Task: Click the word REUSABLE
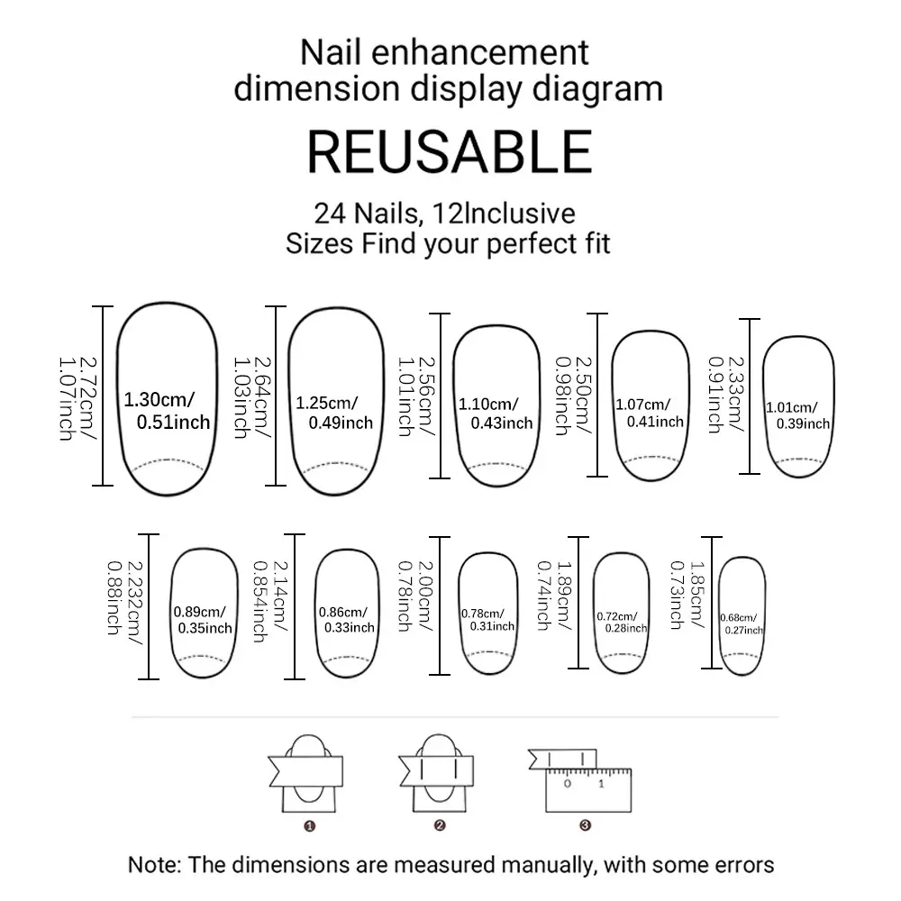(450, 151)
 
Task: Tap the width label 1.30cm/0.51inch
(168, 411)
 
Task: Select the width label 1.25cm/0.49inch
(334, 414)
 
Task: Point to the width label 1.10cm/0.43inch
(496, 414)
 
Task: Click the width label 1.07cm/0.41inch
(650, 414)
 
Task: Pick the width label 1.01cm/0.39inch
(798, 416)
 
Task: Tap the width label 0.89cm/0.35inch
(203, 620)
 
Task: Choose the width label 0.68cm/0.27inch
(742, 624)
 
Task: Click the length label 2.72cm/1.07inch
(77, 399)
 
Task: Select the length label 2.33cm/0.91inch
(725, 395)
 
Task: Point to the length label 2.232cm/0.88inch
(124, 602)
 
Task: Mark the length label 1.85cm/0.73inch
(687, 595)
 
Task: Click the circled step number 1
(310, 826)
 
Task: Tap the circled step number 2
(440, 825)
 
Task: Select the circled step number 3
(585, 825)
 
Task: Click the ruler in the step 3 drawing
(588, 790)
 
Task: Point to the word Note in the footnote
(151, 865)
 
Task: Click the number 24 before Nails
(330, 214)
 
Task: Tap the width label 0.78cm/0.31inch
(487, 620)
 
